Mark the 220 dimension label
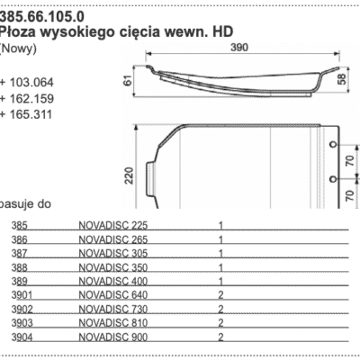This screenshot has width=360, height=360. (x=128, y=173)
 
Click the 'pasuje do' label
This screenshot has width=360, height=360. (x=27, y=204)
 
